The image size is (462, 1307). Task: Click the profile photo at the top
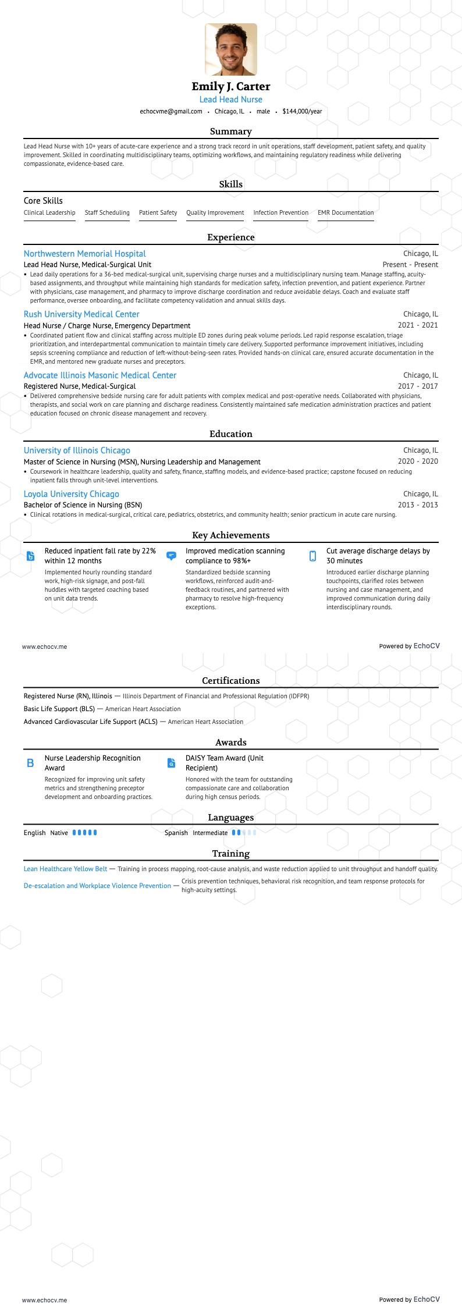[x=231, y=49]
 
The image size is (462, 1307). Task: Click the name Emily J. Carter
[x=231, y=87]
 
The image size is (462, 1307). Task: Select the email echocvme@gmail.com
[x=171, y=112]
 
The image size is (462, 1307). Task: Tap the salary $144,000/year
[x=302, y=112]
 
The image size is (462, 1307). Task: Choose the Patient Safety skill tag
[x=158, y=213]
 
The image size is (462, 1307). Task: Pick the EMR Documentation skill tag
[x=346, y=213]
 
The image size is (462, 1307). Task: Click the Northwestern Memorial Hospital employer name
[x=85, y=254]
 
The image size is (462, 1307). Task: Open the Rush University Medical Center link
[x=81, y=314]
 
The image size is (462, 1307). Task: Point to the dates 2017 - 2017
[x=418, y=386]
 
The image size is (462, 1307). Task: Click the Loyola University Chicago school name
[x=72, y=494]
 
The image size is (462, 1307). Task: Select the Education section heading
[x=231, y=434]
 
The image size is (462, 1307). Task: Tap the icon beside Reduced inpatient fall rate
[x=31, y=556]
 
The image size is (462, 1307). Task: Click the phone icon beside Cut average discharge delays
[x=312, y=556]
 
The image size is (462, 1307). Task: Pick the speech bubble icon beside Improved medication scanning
[x=171, y=556]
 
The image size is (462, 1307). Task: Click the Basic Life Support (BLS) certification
[x=59, y=709]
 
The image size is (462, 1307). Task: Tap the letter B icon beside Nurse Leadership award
[x=30, y=763]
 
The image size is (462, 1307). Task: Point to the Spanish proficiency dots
[x=244, y=833]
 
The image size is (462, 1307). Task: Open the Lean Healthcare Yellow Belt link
[x=66, y=869]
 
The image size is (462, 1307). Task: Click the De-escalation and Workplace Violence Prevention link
[x=97, y=886]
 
